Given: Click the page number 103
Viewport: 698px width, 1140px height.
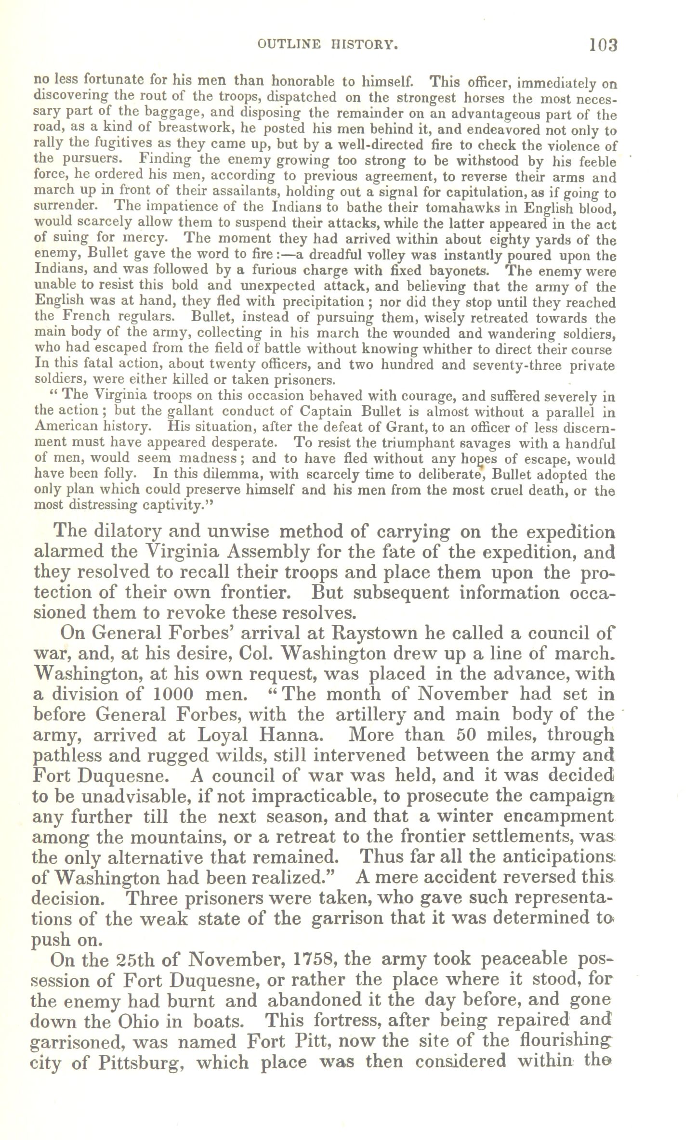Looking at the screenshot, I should click(603, 45).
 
